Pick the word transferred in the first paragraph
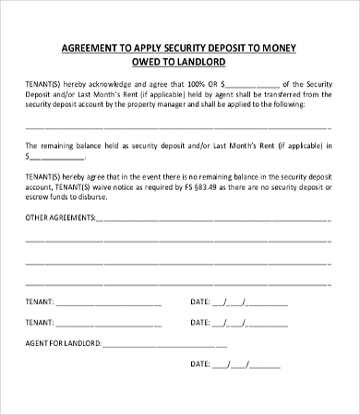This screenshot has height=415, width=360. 288,93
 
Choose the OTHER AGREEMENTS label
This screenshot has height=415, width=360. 60,219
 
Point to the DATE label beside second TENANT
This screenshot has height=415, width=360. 199,323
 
